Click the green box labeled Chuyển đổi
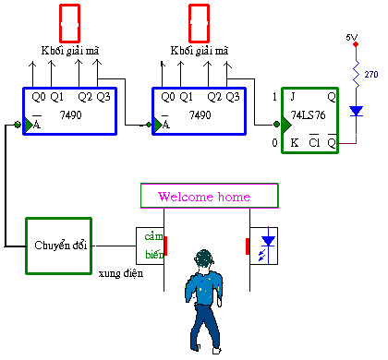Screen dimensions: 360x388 pos(59,245)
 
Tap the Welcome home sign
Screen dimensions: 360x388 pos(208,197)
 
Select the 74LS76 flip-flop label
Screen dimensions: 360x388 pos(311,115)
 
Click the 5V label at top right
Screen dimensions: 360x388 pos(351,38)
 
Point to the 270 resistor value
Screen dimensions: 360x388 pos(370,74)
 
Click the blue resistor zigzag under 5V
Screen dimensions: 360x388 pos(355,71)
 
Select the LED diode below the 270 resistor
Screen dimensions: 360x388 pos(356,111)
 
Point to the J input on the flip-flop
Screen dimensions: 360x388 pos(294,97)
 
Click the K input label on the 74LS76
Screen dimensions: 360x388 pos(294,143)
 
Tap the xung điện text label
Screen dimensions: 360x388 pos(120,274)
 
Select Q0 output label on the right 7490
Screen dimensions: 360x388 pos(166,96)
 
